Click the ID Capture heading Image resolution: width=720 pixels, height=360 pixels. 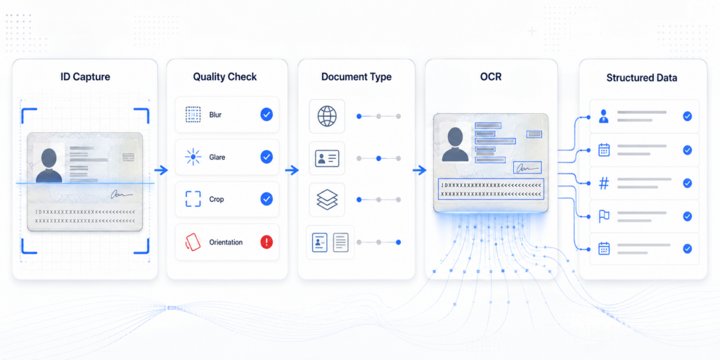[x=85, y=77]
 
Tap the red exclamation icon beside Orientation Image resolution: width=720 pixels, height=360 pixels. [x=266, y=242]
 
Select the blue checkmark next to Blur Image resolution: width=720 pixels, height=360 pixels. [x=266, y=115]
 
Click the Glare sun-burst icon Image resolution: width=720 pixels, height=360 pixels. [x=193, y=157]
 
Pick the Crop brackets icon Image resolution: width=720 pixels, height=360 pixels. [x=193, y=199]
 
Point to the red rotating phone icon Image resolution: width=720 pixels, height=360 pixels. [x=193, y=242]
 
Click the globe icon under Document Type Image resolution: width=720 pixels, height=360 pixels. [x=327, y=116]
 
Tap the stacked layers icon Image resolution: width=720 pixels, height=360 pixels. [x=327, y=200]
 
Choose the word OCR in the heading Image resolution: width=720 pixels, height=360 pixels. [x=491, y=76]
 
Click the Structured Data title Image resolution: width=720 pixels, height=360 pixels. [x=641, y=77]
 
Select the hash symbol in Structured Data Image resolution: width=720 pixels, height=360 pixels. [x=604, y=184]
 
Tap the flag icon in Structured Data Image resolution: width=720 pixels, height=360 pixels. [x=604, y=217]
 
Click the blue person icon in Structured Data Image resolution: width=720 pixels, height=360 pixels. [x=604, y=116]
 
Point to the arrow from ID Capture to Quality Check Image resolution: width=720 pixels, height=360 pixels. [x=161, y=171]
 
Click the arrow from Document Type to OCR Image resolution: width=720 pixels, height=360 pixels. [x=420, y=171]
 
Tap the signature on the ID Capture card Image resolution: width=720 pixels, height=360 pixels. [x=121, y=195]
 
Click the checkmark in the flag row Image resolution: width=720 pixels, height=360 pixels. [x=687, y=217]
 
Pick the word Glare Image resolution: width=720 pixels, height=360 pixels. [x=217, y=157]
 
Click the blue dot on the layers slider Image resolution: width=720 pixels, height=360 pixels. [x=359, y=200]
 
